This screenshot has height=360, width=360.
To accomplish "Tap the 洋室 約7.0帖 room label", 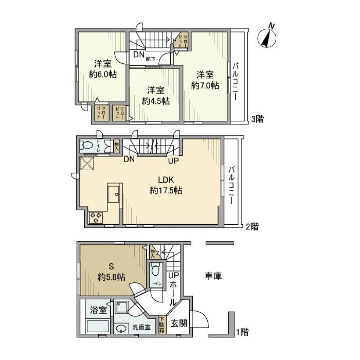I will click(x=205, y=80).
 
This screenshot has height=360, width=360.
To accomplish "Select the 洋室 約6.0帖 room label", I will click(x=102, y=69).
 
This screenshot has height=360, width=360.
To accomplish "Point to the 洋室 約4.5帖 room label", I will click(x=155, y=96).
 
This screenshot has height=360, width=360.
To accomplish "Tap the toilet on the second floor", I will click(x=88, y=145).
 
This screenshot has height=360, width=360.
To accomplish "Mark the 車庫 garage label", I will click(x=213, y=276).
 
